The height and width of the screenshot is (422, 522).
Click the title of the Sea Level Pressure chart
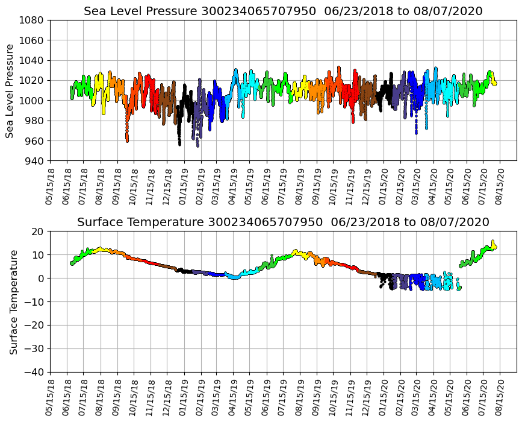tap(283, 11)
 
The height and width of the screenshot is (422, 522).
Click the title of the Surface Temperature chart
tap(283, 222)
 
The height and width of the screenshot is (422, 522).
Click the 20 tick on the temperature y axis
tap(38, 231)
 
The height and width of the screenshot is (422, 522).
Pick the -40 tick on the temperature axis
tap(34, 373)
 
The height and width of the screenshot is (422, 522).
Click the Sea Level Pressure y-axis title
tap(10, 90)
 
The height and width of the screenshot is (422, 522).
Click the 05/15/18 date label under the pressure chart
tap(50, 184)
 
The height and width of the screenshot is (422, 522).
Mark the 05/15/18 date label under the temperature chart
tap(50, 396)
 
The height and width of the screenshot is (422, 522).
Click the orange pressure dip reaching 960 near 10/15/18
tap(127, 139)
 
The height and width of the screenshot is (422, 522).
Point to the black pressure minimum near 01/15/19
tap(179, 143)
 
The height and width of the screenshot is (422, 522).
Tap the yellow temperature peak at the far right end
tap(493, 242)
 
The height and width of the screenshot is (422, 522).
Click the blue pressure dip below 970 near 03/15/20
tap(416, 131)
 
